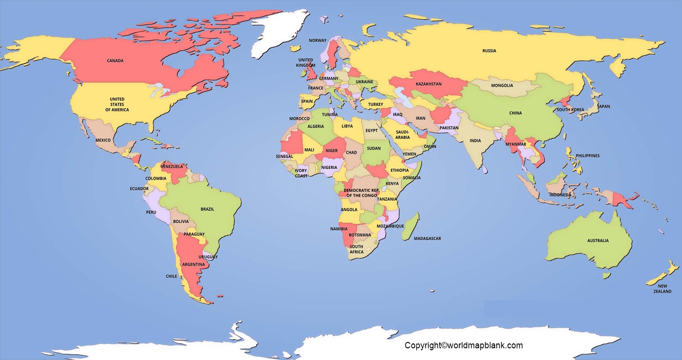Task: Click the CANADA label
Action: coord(115,61)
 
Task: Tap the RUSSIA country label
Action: coord(489,51)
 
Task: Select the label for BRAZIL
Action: coord(207,209)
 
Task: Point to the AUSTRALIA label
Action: coord(597,241)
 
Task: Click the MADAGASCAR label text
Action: coord(427,238)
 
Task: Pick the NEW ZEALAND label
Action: coord(662,289)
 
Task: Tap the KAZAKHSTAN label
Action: coord(428,84)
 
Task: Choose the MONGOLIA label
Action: coord(502,86)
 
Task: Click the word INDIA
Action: coord(475,141)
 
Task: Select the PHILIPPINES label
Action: coord(587,156)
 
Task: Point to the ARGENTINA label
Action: coord(193,265)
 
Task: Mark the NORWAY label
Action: coord(318,40)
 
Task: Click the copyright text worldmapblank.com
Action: coord(463,345)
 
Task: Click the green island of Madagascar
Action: coord(411,227)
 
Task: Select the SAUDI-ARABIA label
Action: coord(402,134)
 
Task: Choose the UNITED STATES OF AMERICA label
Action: coord(117,104)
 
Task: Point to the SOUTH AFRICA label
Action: coord(356,249)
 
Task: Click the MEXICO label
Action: coord(103,140)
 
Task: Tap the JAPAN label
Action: coord(604,106)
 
